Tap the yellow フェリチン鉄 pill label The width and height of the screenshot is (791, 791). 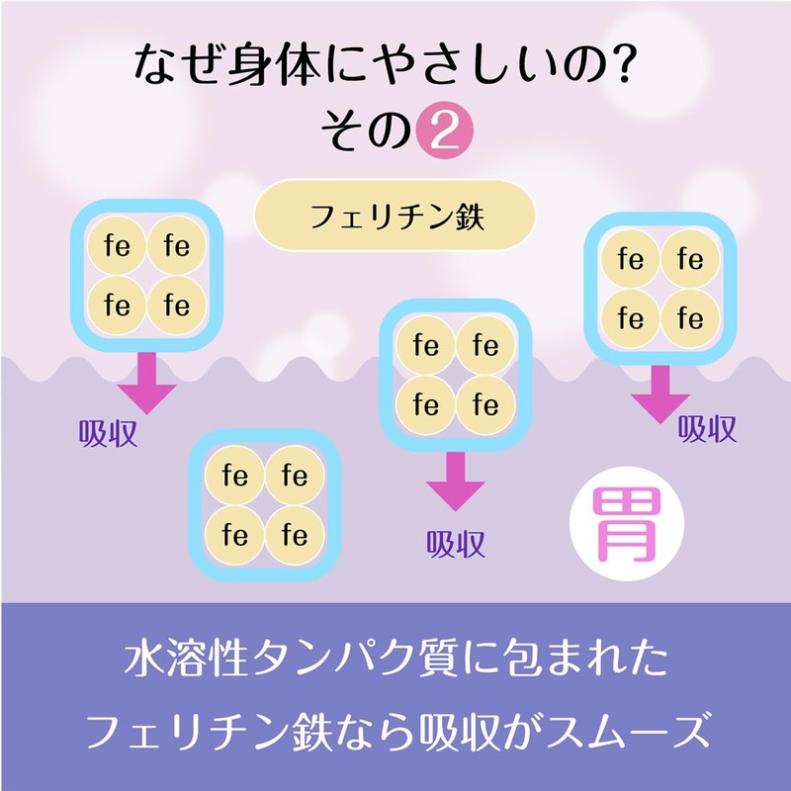[x=395, y=214]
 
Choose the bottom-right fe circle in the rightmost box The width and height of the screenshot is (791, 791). [x=689, y=318]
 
